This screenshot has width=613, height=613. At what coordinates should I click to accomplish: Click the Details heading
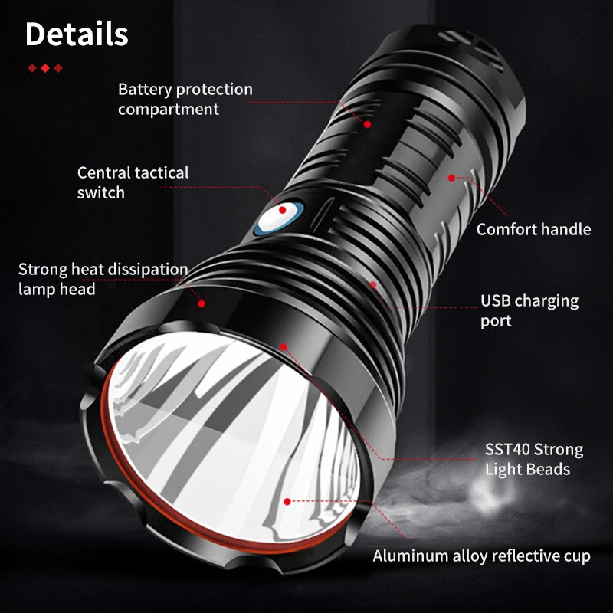(77, 34)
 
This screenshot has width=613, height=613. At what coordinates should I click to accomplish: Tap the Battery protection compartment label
(185, 99)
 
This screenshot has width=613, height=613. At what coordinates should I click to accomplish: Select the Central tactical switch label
(133, 182)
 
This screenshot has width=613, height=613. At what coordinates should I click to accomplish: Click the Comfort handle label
(533, 229)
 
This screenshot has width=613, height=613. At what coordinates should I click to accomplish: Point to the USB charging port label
(529, 310)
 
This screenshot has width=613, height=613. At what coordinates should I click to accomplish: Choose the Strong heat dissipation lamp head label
(103, 279)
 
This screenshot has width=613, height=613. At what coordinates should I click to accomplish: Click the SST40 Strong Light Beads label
(533, 459)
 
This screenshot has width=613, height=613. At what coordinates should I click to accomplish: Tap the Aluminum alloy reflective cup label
(481, 556)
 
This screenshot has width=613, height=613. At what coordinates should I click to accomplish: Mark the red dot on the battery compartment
(367, 123)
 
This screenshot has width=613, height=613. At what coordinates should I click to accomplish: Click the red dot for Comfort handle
(451, 177)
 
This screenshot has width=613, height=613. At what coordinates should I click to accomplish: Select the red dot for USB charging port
(373, 285)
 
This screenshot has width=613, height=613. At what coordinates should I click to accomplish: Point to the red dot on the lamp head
(202, 303)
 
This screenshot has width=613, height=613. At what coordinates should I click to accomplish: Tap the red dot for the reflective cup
(287, 502)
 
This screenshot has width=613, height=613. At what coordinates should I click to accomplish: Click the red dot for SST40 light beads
(283, 346)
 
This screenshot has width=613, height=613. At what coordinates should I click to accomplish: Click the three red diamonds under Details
(45, 68)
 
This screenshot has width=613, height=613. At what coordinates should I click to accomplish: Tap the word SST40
(507, 449)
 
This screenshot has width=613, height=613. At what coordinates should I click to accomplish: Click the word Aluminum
(408, 556)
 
